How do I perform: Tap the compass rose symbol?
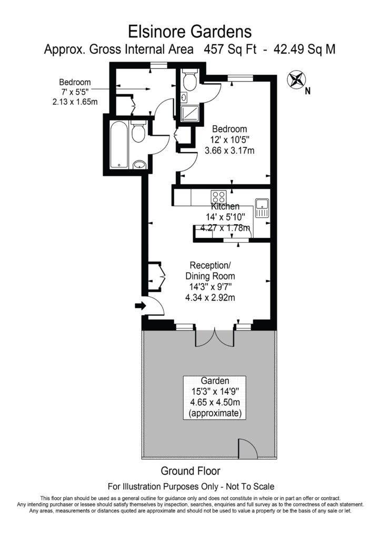[x=296, y=80]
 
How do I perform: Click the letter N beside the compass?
[x=308, y=91]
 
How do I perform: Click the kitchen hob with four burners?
[x=218, y=197]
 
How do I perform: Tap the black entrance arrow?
[x=140, y=305]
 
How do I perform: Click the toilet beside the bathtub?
[x=138, y=132]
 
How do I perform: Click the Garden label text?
[x=215, y=381]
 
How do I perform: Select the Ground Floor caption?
[x=190, y=471]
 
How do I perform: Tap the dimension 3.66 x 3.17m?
[x=229, y=151]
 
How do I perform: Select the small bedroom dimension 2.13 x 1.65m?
[x=74, y=102]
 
